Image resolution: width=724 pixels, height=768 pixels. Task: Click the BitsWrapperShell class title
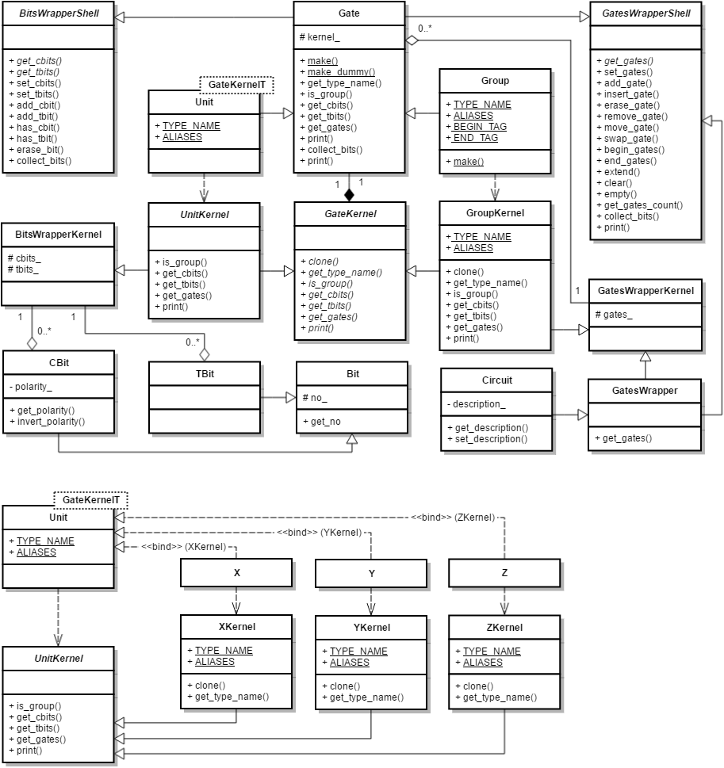59,13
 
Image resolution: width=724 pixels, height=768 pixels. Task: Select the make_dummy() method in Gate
338,72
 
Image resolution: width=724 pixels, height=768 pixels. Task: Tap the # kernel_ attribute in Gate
320,37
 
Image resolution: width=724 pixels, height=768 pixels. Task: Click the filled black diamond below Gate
349,195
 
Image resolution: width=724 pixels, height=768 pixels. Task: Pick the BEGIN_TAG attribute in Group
476,127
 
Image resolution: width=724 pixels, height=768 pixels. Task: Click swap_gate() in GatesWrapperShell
627,139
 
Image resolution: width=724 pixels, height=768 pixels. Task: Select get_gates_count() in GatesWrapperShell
640,205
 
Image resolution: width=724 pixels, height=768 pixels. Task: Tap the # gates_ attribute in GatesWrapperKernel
614,315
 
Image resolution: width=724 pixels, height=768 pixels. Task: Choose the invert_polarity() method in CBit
47,422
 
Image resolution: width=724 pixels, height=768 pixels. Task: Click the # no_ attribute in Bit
315,398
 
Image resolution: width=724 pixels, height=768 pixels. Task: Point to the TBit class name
205,374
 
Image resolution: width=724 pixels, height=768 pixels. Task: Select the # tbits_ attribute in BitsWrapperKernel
23,269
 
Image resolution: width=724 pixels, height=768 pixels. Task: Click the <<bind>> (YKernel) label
319,533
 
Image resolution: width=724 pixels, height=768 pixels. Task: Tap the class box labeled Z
504,573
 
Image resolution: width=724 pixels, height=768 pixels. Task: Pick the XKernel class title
237,627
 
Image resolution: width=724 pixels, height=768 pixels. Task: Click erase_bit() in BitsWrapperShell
36,150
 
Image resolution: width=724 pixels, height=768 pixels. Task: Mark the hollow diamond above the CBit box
32,343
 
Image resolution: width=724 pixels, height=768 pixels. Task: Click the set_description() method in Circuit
487,439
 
